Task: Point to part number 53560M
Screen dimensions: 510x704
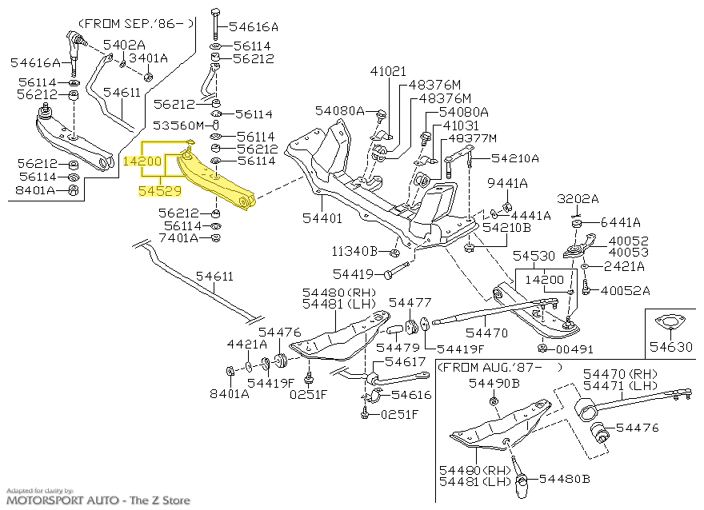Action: click(181, 126)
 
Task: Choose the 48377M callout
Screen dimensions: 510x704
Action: click(471, 137)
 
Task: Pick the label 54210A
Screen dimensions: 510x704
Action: click(515, 158)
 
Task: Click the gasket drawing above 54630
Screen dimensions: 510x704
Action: click(670, 324)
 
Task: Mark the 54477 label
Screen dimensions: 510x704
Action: click(410, 302)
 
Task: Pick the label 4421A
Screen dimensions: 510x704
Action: click(246, 345)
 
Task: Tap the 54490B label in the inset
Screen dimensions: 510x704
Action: click(494, 383)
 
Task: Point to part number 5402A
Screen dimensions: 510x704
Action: click(124, 44)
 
